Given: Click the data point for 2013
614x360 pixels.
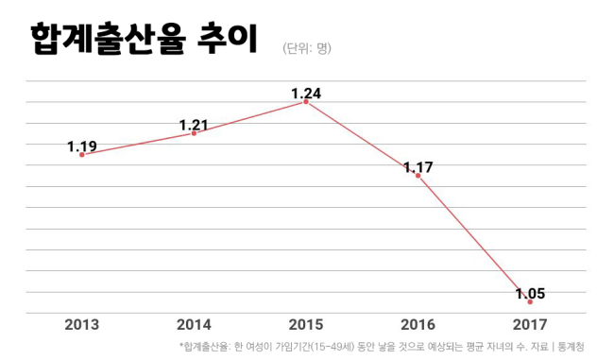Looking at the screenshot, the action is (82, 155).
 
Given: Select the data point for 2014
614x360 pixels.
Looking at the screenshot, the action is (194, 133).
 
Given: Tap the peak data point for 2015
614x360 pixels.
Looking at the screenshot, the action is (306, 102).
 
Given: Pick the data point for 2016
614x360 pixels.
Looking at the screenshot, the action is (418, 176).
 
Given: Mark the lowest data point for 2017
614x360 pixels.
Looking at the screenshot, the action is (530, 302).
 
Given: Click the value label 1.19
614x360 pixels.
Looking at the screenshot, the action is (82, 146).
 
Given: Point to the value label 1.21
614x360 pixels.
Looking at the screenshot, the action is (194, 125).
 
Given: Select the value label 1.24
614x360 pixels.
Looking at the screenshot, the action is (306, 94).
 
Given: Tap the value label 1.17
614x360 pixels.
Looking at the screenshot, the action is (418, 167).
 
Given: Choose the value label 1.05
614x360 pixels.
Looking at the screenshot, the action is (530, 294).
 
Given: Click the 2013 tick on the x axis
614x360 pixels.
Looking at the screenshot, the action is (82, 325).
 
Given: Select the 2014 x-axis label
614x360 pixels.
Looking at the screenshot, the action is (194, 325).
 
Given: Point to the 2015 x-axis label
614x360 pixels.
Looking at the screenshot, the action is (306, 325).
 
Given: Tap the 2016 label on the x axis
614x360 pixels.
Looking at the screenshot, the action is (418, 325).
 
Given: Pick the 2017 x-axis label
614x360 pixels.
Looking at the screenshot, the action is (530, 325).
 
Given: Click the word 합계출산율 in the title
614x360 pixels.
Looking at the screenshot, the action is (108, 39).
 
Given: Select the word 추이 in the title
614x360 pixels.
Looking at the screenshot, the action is (227, 38).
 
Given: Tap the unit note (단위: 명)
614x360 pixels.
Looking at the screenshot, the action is (307, 48).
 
